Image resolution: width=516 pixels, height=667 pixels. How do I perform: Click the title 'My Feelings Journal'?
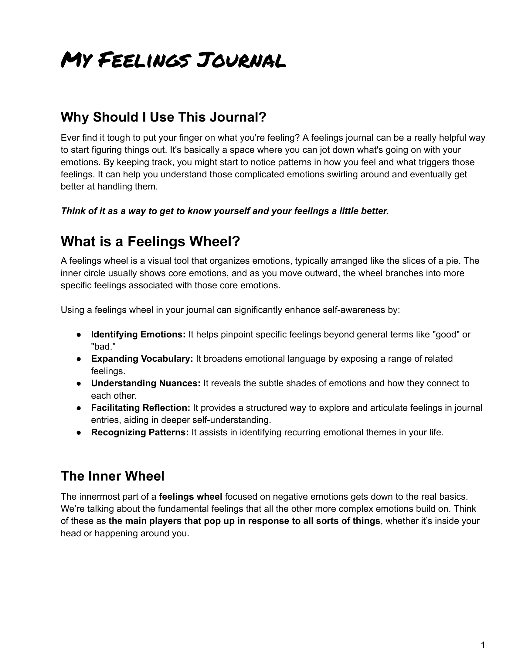[x=173, y=60]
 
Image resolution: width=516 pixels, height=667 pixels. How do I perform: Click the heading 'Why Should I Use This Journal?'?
[x=164, y=117]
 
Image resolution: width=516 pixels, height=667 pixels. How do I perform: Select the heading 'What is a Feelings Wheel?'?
[x=150, y=241]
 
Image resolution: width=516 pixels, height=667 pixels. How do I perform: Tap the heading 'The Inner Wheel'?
[x=113, y=476]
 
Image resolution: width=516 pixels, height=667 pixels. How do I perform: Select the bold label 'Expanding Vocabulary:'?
[x=142, y=359]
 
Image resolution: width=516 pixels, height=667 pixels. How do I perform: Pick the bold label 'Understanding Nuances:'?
[x=145, y=383]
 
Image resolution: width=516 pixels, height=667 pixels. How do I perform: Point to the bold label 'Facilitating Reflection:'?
[x=141, y=408]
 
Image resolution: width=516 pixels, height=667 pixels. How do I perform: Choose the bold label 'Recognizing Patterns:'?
[x=140, y=432]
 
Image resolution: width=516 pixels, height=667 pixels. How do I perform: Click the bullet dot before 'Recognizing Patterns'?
[x=79, y=432]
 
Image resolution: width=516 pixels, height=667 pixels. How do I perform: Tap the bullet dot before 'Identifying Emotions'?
[x=79, y=335]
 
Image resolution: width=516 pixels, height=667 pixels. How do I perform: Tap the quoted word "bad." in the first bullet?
[x=103, y=347]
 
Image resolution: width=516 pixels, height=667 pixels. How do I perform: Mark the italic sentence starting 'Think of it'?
[x=225, y=211]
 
